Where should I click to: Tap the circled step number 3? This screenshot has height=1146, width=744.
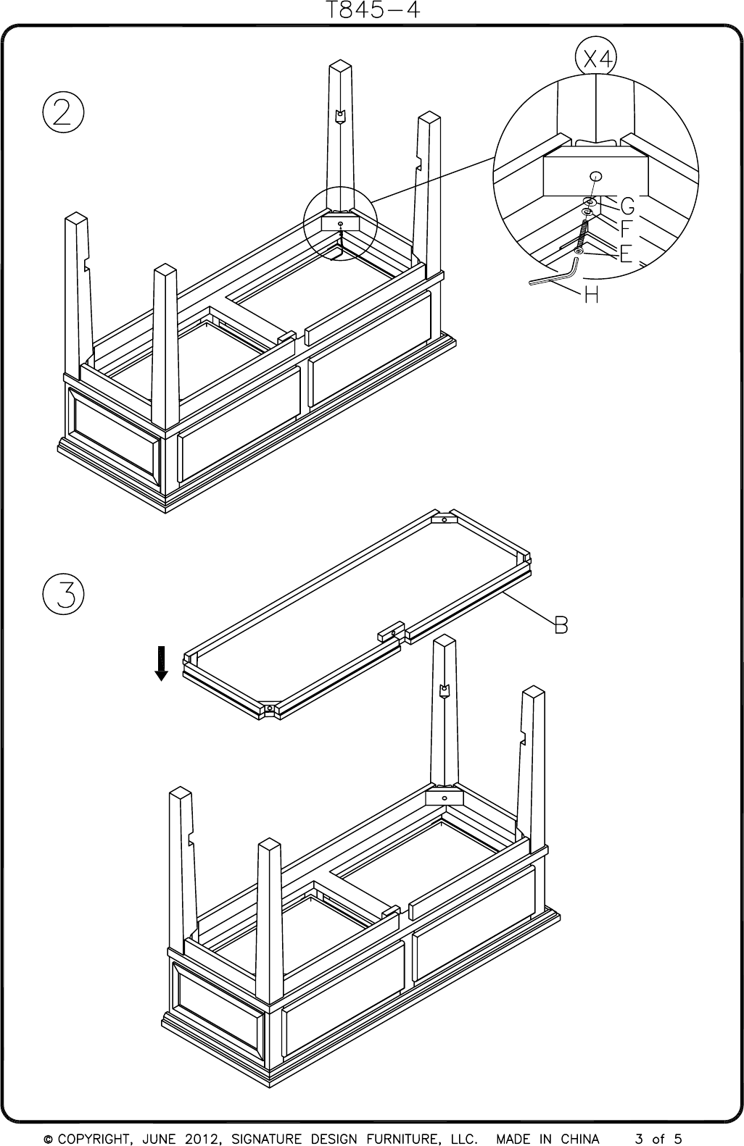[63, 595]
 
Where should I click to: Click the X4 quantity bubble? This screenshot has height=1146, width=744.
[595, 60]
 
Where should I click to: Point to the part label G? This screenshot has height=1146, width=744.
[627, 205]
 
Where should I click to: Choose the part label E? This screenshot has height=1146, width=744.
[626, 254]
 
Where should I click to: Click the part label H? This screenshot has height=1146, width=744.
[592, 296]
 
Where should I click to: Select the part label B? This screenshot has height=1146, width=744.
[561, 624]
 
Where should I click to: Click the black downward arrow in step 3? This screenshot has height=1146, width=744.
[162, 663]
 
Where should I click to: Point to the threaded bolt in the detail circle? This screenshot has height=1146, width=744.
[582, 236]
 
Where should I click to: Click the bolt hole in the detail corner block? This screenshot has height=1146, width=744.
[595, 176]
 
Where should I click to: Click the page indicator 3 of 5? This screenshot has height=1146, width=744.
[658, 1139]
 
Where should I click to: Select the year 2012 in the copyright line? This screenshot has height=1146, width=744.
[199, 1139]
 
